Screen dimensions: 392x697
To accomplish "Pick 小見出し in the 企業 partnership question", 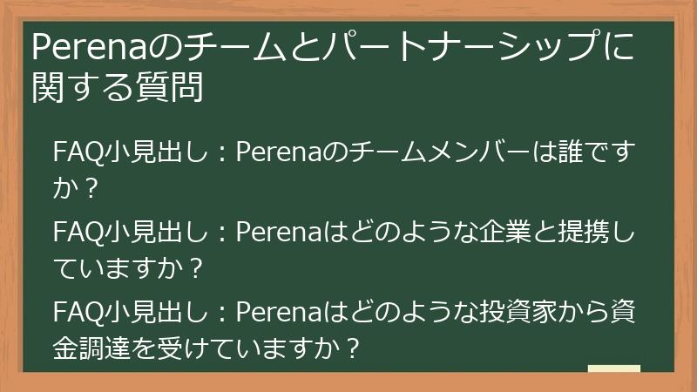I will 156,234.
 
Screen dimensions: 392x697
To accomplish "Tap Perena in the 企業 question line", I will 279,234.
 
